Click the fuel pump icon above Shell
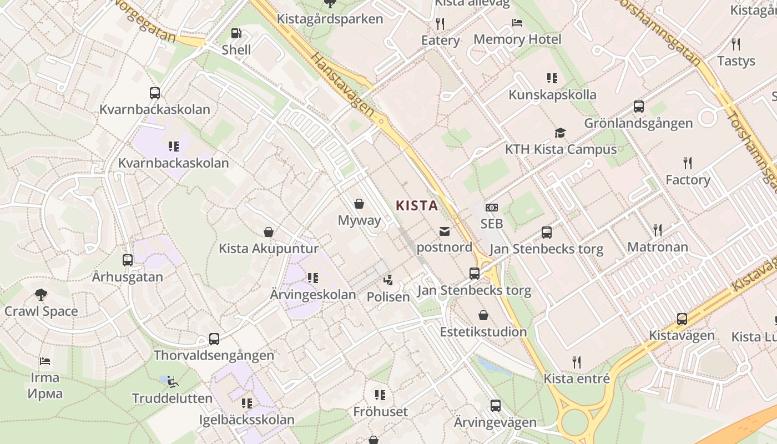tap(236, 33)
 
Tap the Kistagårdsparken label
tap(330, 19)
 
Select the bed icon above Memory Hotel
tap(517, 23)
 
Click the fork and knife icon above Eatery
tap(440, 23)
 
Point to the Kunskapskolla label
tap(552, 95)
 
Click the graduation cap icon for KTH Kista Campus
tap(560, 133)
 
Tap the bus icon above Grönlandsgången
tap(639, 107)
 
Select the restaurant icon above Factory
tap(688, 163)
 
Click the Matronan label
tap(657, 247)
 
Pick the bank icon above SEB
tap(491, 208)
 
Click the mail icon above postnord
tap(445, 231)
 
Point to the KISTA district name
tap(417, 206)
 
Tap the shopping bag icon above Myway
tap(360, 204)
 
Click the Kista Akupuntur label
tap(269, 248)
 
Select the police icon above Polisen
tap(389, 280)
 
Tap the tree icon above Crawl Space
tap(41, 294)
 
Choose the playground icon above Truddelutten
tap(172, 381)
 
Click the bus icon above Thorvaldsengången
tap(214, 339)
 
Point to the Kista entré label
tap(577, 379)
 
